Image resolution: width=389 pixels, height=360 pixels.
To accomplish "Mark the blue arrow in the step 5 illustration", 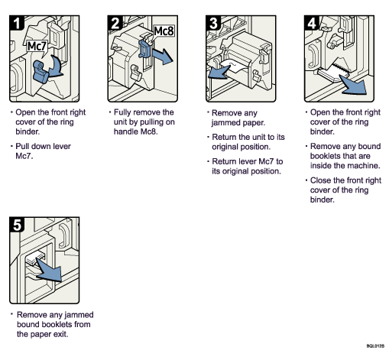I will [48, 271].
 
